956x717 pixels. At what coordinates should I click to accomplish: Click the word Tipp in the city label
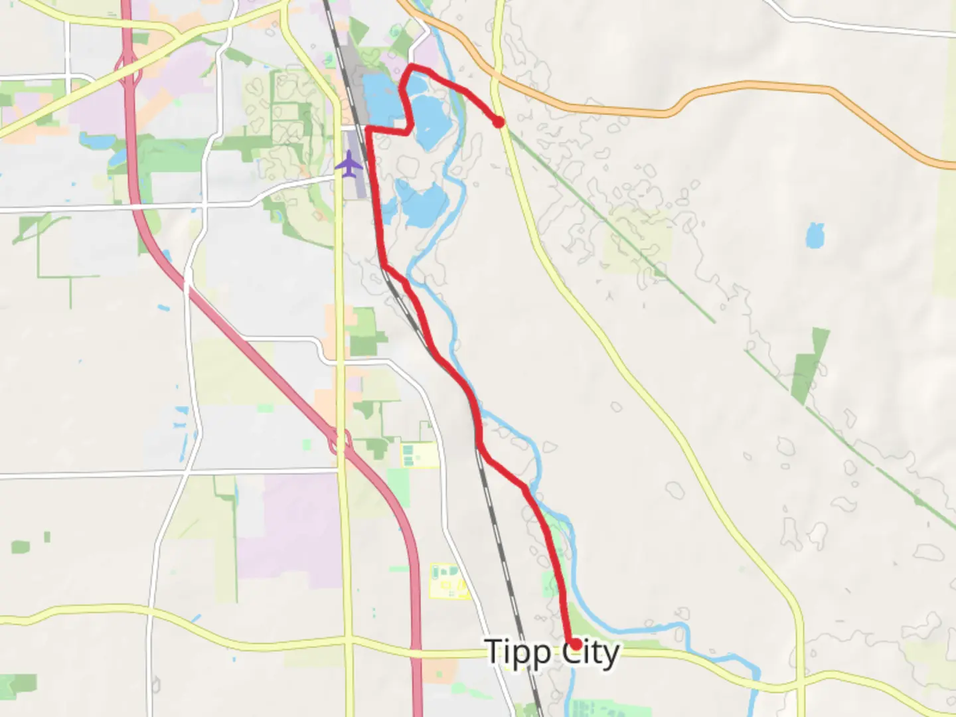pyautogui.click(x=518, y=653)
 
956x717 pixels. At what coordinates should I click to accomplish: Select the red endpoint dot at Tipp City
pyautogui.click(x=576, y=644)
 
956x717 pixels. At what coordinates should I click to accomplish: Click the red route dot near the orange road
pyautogui.click(x=498, y=121)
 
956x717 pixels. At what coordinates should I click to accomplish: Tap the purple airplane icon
pyautogui.click(x=349, y=163)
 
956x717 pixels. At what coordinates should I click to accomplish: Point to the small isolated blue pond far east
pyautogui.click(x=815, y=236)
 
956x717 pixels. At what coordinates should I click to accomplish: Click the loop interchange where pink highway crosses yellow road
pyautogui.click(x=341, y=441)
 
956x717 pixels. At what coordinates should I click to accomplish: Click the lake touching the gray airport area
pyautogui.click(x=378, y=100)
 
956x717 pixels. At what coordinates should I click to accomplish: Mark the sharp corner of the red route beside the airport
pyautogui.click(x=368, y=127)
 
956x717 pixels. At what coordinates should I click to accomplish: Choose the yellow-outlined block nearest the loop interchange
pyautogui.click(x=419, y=455)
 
